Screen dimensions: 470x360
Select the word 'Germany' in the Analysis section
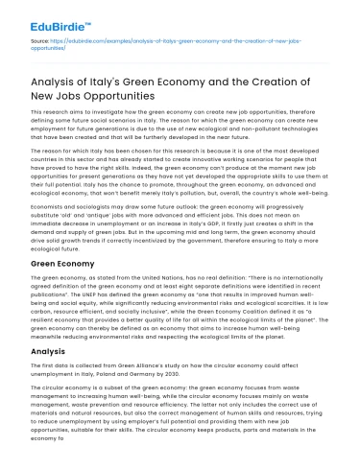pyautogui.click(x=174, y=375)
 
